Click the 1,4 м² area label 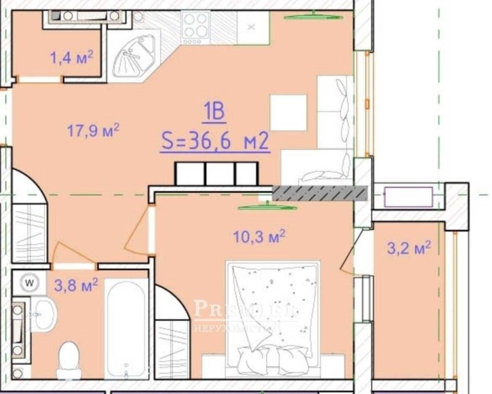pyautogui.click(x=71, y=57)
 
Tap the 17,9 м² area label pyautogui.click(x=94, y=130)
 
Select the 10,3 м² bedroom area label pyautogui.click(x=259, y=237)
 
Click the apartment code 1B pyautogui.click(x=215, y=111)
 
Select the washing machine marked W pyautogui.click(x=29, y=282)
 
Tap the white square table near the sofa pyautogui.click(x=288, y=112)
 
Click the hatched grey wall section pyautogui.click(x=319, y=194)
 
